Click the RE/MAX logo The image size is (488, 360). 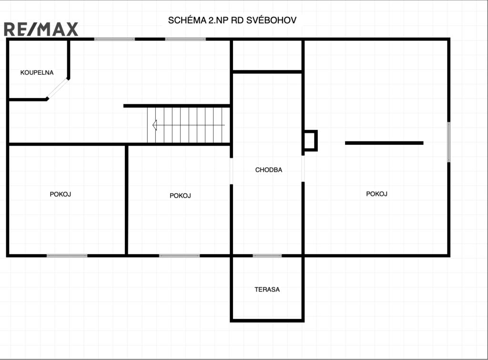point(41,29)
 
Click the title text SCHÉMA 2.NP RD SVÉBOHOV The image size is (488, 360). point(232,20)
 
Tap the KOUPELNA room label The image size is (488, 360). point(37,72)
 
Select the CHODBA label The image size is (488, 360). point(269,170)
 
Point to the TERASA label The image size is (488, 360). point(267,290)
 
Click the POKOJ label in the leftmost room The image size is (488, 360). point(61,194)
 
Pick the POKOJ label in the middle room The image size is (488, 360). point(180,196)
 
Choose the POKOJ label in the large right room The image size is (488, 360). point(376,194)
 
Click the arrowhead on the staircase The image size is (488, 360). point(155,125)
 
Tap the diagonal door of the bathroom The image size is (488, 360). point(58,89)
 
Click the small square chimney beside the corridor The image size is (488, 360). point(310,140)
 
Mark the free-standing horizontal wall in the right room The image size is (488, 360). point(384,143)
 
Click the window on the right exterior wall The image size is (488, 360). point(449,142)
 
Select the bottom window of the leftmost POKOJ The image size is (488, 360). point(67,256)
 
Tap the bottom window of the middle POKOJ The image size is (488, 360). point(180,256)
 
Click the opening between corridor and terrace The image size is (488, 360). point(267,256)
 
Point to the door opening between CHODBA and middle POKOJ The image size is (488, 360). point(231,171)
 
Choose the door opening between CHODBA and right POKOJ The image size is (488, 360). point(303,169)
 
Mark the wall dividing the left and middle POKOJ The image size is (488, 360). point(126,200)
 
